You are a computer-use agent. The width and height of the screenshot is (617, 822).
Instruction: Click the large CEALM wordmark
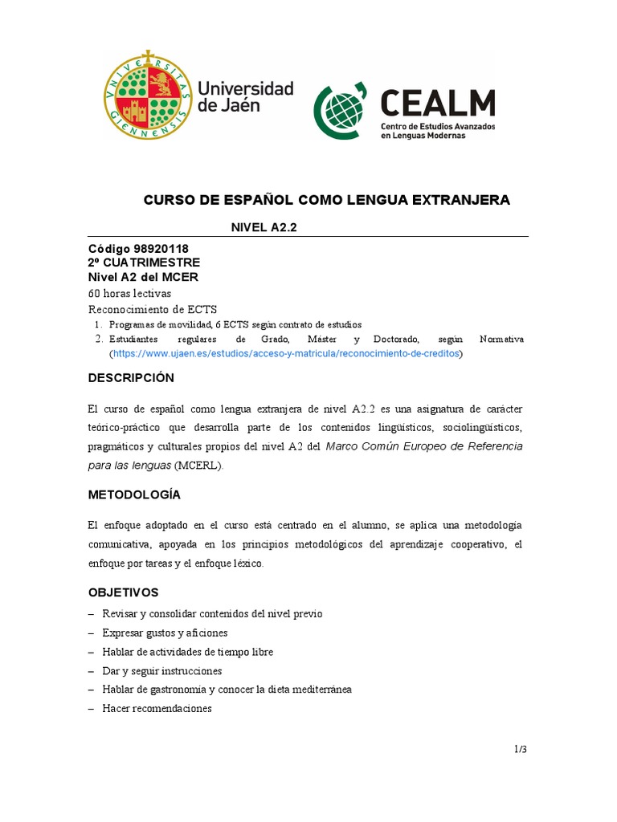pyautogui.click(x=437, y=103)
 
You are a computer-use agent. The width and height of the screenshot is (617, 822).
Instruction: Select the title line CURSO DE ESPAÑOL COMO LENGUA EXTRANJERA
pyautogui.click(x=326, y=200)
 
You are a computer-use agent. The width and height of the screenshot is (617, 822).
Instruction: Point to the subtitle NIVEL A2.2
pyautogui.click(x=264, y=228)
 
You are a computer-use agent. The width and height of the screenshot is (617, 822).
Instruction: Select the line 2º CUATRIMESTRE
pyautogui.click(x=144, y=262)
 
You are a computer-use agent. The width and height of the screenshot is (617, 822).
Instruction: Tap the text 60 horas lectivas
pyautogui.click(x=129, y=293)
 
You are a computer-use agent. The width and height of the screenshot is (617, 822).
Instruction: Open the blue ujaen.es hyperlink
pyautogui.click(x=287, y=353)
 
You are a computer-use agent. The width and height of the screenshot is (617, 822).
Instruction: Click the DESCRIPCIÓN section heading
pyautogui.click(x=131, y=378)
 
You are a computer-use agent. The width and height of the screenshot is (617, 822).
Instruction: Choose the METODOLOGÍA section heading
pyautogui.click(x=134, y=494)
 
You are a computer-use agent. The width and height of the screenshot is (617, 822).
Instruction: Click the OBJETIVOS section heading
pyautogui.click(x=123, y=592)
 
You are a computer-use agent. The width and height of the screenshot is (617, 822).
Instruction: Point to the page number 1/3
pyautogui.click(x=521, y=749)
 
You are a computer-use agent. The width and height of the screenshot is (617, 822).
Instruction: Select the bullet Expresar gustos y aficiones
pyautogui.click(x=165, y=633)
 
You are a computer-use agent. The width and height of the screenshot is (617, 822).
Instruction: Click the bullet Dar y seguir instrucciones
pyautogui.click(x=161, y=670)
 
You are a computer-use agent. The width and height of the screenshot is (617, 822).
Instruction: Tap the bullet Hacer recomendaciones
pyautogui.click(x=157, y=709)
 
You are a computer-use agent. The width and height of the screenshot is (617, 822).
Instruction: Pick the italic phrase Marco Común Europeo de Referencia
pyautogui.click(x=424, y=446)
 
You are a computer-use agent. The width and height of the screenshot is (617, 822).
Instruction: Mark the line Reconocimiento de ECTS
pyautogui.click(x=152, y=309)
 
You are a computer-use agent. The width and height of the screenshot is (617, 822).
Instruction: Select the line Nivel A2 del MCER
pyautogui.click(x=143, y=277)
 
